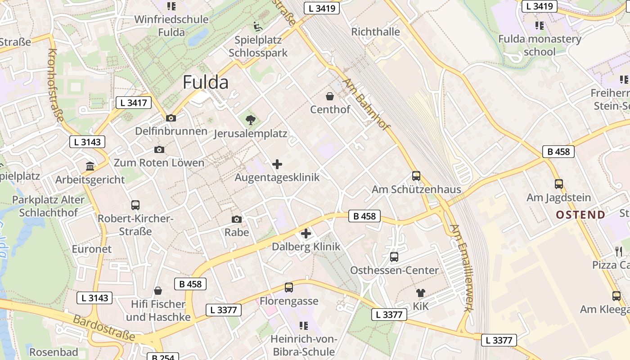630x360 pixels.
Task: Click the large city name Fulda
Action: [206, 82]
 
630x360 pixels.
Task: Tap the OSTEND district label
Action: [580, 215]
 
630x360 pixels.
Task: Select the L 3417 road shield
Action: [134, 103]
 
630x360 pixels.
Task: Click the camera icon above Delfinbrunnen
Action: [171, 118]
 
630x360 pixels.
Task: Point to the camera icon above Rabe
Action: [237, 219]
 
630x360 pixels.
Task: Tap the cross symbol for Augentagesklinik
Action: [277, 164]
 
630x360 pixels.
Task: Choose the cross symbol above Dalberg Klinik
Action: [306, 234]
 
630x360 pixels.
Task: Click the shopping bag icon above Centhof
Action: [330, 96]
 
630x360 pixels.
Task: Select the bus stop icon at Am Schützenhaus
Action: [416, 176]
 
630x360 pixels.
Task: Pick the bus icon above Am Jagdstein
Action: [558, 184]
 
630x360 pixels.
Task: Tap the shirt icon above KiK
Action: [421, 293]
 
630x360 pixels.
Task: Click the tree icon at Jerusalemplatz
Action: [251, 120]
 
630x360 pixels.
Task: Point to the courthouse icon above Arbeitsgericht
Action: [90, 166]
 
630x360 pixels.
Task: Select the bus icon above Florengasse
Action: [289, 288]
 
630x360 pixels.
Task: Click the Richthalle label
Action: [375, 32]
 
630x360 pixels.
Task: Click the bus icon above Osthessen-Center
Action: [394, 257]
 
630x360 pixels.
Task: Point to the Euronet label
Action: [91, 249]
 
